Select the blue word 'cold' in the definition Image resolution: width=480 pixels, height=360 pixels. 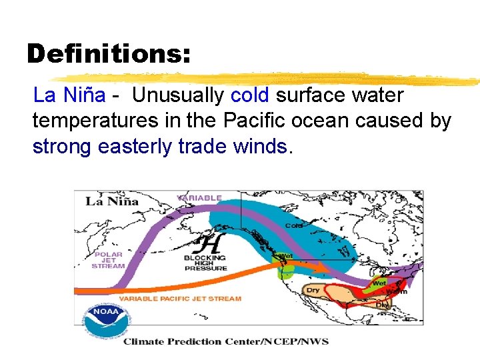[x=250, y=95]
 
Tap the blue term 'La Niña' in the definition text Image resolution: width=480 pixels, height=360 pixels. [x=69, y=95]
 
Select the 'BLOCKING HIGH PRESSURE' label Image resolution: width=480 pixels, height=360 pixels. [x=205, y=263]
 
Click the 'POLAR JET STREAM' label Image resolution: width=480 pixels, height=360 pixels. [x=108, y=260]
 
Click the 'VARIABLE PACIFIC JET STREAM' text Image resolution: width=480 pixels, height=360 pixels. [x=180, y=298]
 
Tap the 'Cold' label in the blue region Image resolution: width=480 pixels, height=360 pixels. [x=293, y=225]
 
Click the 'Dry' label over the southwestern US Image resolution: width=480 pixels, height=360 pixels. [x=313, y=290]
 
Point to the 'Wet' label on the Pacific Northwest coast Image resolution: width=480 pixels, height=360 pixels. [x=285, y=256]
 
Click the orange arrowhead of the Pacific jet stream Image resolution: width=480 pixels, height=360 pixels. [x=319, y=269]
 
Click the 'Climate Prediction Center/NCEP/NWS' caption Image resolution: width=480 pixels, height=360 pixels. [x=225, y=341]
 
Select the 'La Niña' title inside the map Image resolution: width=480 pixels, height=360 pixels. [x=111, y=201]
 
